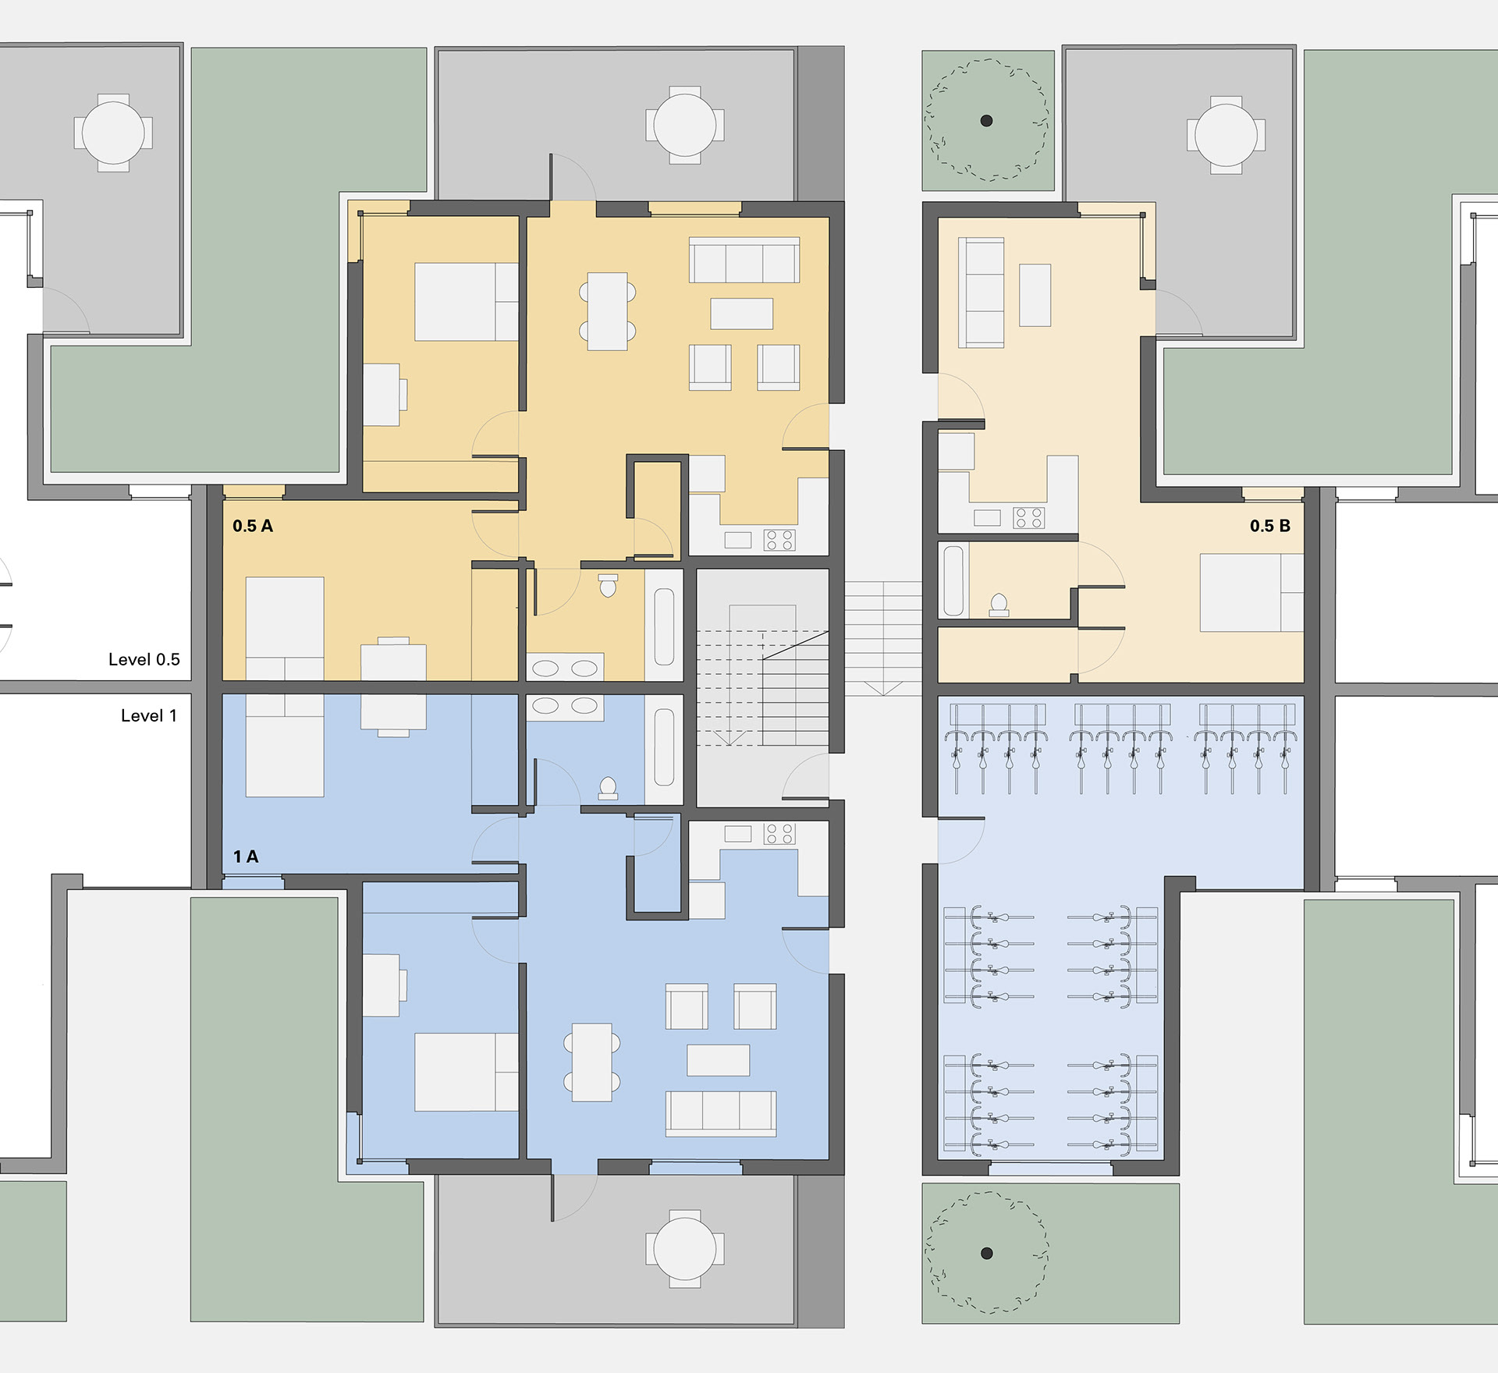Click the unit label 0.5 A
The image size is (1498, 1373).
point(253,526)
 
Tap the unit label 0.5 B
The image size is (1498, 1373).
point(1270,526)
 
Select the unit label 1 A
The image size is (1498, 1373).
point(246,857)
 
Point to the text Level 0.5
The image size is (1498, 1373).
point(144,659)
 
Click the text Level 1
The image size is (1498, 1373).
point(149,715)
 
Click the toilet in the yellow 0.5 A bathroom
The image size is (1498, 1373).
point(608,585)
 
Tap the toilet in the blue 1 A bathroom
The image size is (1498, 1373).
point(608,788)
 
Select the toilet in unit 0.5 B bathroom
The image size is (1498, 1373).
point(999,605)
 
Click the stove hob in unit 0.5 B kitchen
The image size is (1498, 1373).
point(1028,517)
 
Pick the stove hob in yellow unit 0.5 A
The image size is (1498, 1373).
point(779,540)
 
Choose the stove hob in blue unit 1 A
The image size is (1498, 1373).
point(779,833)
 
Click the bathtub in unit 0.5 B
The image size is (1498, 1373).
point(953,581)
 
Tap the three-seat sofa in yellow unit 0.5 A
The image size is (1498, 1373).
point(744,260)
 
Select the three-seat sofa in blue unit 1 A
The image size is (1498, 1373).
point(721,1113)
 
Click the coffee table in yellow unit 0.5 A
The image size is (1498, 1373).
point(741,314)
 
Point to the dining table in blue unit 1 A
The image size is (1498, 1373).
point(592,1063)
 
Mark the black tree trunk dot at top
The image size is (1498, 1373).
point(986,121)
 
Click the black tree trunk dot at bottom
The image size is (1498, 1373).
point(986,1254)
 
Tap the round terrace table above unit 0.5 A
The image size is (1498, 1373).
point(685,125)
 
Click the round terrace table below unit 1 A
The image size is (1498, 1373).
point(685,1249)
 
